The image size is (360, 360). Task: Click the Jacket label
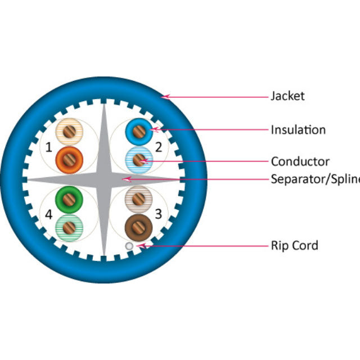tap(287, 96)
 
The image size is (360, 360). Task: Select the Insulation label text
tap(298, 130)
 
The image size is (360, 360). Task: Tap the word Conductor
tap(300, 162)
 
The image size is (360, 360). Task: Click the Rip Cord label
tap(294, 245)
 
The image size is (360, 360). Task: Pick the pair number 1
tap(49, 148)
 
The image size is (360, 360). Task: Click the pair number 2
tap(159, 148)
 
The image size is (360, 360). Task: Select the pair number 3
tap(159, 214)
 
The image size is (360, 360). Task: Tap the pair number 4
tap(49, 214)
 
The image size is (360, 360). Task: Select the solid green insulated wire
tap(70, 199)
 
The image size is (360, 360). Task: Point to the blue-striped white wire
tap(138, 160)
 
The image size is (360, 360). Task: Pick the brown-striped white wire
tap(138, 198)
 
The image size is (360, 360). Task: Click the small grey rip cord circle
tap(130, 246)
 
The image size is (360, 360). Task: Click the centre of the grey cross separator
tap(104, 179)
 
